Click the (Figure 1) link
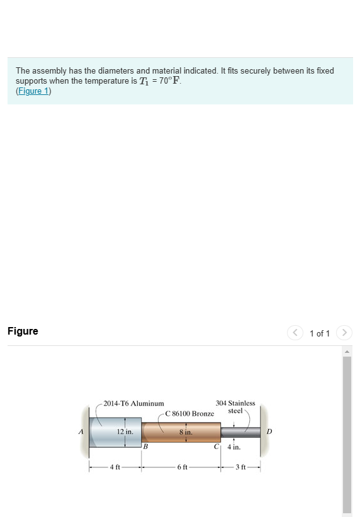click(33, 91)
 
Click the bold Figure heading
click(23, 331)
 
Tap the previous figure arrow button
click(295, 333)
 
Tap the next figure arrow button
click(343, 333)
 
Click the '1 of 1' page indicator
click(319, 333)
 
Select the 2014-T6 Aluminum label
click(133, 403)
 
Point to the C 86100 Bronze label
click(189, 414)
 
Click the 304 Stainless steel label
click(235, 406)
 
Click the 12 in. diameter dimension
click(125, 432)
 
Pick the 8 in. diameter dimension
click(185, 433)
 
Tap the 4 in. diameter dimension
click(233, 448)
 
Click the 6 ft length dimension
click(181, 467)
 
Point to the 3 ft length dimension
click(241, 467)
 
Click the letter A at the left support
click(80, 432)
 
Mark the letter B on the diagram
click(145, 447)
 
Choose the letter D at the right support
click(269, 432)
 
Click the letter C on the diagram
click(217, 447)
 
